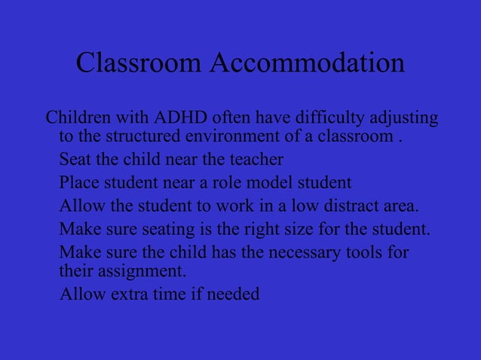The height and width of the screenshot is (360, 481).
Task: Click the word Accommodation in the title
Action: tap(307, 64)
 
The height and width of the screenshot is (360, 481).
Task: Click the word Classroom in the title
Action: tap(139, 64)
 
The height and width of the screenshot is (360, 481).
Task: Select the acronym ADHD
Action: tap(181, 119)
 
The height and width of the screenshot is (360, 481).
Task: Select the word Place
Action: tap(78, 182)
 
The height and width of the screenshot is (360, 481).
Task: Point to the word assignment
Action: tap(143, 270)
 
